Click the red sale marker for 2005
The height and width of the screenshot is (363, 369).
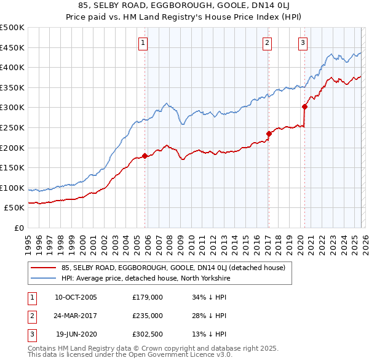(145, 156)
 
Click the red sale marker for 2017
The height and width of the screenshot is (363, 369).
(269, 133)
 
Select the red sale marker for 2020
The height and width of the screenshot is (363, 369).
(304, 106)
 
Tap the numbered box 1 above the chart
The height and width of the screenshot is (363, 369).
(143, 42)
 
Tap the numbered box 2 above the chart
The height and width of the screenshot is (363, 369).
(268, 42)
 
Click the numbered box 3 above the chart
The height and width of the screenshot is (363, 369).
(303, 42)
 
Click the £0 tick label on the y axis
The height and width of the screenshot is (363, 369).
(18, 228)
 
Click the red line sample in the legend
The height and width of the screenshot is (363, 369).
(44, 268)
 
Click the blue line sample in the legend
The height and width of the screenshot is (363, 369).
(44, 278)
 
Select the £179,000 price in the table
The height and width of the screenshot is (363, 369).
(147, 297)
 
